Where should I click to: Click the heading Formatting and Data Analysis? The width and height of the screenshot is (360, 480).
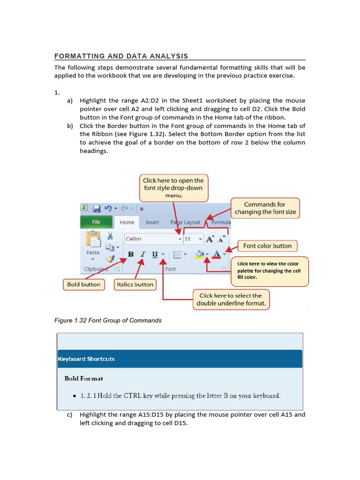121,56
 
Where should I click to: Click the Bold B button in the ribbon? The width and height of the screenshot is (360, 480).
131,255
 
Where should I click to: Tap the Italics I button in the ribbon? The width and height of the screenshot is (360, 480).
142,255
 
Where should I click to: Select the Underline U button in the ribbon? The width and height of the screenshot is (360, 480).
154,255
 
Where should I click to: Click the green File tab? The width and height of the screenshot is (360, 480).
96,222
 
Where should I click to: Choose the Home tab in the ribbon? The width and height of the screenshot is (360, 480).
127,222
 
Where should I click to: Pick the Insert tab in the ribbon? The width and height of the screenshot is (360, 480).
152,222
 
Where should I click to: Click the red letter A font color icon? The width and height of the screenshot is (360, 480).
216,255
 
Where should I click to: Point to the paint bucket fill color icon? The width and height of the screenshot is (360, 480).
200,255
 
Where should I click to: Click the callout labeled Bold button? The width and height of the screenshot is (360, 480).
83,285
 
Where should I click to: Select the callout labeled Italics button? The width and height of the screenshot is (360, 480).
135,285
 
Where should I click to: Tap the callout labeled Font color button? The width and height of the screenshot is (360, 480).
267,246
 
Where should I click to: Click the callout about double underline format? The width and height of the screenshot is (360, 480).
233,300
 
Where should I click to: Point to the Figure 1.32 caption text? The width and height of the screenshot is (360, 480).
108,321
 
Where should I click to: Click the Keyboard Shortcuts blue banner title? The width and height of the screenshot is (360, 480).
86,359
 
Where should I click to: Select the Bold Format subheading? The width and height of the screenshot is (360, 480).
84,378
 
